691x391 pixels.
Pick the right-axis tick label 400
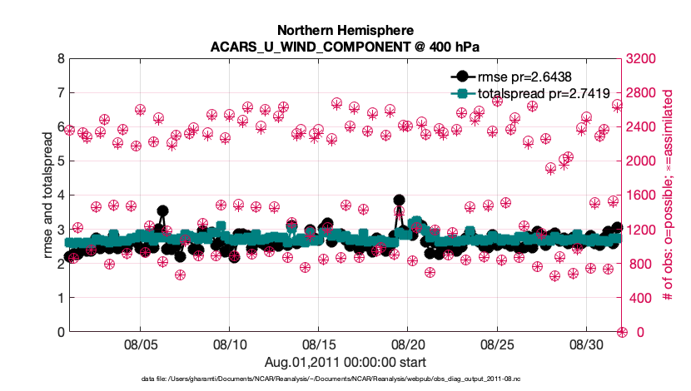(x=641, y=298)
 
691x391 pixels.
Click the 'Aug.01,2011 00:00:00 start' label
(x=345, y=362)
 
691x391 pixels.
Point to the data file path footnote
(x=345, y=379)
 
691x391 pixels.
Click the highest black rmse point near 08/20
(x=399, y=200)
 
